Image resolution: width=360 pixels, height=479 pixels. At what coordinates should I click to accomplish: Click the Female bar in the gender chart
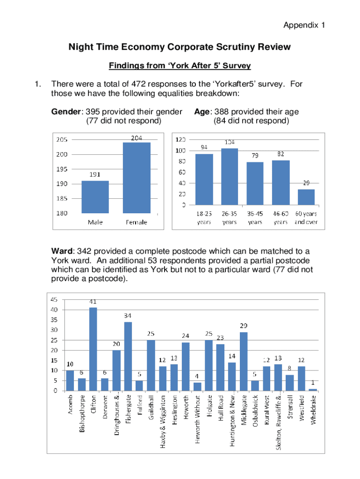[x=137, y=178]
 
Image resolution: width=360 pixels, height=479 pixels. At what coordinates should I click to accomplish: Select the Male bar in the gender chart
[x=95, y=197]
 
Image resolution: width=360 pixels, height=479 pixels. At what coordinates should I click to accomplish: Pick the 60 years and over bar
[x=306, y=197]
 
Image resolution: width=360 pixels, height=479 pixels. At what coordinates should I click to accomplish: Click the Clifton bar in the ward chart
[x=93, y=349]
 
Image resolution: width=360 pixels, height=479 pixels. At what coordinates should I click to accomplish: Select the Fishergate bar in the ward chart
[x=128, y=356]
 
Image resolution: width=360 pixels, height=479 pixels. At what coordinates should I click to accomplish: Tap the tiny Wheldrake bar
[x=313, y=389]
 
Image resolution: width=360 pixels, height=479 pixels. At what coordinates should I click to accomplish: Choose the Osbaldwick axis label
[x=255, y=412]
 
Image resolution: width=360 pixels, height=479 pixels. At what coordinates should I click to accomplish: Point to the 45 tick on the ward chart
[x=54, y=299]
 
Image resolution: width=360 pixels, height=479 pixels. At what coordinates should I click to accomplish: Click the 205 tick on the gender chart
[x=61, y=139]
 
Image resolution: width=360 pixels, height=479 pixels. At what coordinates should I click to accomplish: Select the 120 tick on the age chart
[x=180, y=139]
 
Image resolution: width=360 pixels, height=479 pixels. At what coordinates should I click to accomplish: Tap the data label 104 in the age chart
[x=230, y=142]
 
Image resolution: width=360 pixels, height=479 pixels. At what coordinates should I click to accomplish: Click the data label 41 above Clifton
[x=93, y=302]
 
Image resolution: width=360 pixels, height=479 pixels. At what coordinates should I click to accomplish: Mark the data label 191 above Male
[x=95, y=174]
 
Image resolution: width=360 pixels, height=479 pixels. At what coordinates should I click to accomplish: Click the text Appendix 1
[x=304, y=26]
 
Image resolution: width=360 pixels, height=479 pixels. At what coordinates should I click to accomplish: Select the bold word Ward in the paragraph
[x=62, y=252]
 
